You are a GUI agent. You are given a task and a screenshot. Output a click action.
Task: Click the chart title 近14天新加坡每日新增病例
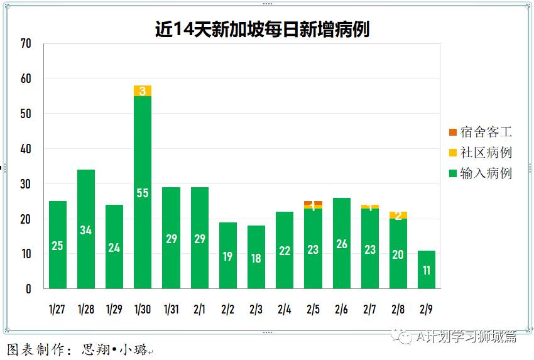pyautogui.click(x=262, y=29)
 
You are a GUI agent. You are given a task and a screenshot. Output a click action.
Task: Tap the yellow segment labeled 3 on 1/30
pyautogui.click(x=143, y=90)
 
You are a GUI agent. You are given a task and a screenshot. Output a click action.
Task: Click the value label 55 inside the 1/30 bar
pyautogui.click(x=143, y=193)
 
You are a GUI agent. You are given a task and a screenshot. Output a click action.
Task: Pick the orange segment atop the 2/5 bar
pyautogui.click(x=313, y=203)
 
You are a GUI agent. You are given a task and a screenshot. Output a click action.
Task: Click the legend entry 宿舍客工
pyautogui.click(x=481, y=132)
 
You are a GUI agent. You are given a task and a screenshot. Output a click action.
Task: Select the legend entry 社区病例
pyautogui.click(x=481, y=153)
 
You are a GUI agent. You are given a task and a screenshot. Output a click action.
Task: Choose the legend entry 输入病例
pyautogui.click(x=481, y=173)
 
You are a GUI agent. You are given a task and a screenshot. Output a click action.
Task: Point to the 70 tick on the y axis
pyautogui.click(x=26, y=44)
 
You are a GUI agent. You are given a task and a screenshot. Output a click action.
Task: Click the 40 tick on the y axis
pyautogui.click(x=26, y=150)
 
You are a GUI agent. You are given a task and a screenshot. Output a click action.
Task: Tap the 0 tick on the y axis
pyautogui.click(x=28, y=290)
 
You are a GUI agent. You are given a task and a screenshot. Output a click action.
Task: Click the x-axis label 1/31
pyautogui.click(x=171, y=310)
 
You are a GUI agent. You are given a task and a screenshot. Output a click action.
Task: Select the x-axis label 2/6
pyautogui.click(x=341, y=310)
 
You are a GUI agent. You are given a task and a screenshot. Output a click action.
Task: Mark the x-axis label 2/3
pyautogui.click(x=256, y=310)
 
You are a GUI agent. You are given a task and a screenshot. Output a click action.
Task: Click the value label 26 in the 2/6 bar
pyautogui.click(x=341, y=244)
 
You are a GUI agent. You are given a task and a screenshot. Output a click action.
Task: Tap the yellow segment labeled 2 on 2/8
pyautogui.click(x=398, y=215)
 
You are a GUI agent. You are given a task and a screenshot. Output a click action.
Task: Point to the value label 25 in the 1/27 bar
pyautogui.click(x=57, y=246)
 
